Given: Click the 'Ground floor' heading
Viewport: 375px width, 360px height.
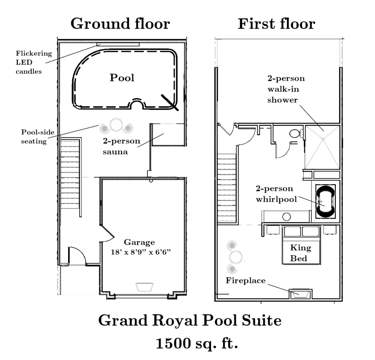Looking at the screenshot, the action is (x=120, y=24).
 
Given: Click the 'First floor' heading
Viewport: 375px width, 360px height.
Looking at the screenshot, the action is (x=276, y=24).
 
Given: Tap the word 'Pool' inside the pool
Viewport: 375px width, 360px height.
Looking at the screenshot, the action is (x=122, y=78).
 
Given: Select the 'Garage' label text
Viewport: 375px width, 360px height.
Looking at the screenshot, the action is (x=139, y=243).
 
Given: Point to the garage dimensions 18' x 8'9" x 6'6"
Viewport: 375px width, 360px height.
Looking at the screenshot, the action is (x=141, y=252).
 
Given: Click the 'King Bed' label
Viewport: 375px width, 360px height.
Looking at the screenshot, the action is (x=300, y=253).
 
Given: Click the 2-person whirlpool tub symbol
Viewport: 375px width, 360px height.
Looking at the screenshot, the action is (x=325, y=201).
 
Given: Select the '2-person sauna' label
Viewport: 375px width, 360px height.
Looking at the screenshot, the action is (x=121, y=146).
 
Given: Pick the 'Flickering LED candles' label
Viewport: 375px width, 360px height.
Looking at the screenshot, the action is (x=34, y=62).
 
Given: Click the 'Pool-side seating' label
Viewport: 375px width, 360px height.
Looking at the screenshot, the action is (x=38, y=136).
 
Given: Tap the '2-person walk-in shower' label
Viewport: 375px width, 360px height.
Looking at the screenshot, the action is (x=286, y=89).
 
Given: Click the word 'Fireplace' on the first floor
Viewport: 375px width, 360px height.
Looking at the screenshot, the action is (x=245, y=280).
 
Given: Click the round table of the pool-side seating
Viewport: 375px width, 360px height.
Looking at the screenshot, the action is (x=116, y=124).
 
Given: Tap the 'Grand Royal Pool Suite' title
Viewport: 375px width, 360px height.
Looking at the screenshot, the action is (x=190, y=320).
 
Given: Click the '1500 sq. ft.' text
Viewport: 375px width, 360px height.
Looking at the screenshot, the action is (x=197, y=344).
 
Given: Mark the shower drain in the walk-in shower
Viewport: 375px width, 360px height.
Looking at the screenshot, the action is (x=323, y=139).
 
